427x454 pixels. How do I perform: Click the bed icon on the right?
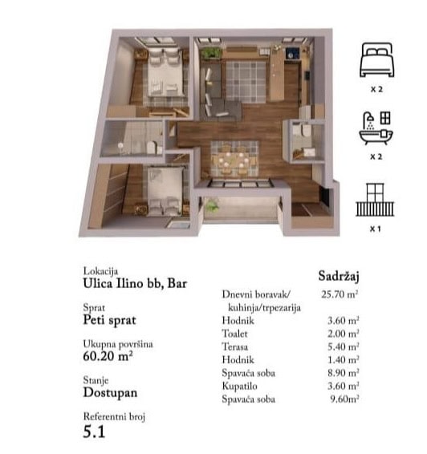click(377, 59)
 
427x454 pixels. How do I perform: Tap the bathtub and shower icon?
click(376, 128)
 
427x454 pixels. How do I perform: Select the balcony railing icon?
click(375, 200)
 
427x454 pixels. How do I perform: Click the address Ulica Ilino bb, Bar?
click(135, 283)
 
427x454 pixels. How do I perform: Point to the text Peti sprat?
click(109, 320)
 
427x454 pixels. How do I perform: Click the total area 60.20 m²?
click(108, 356)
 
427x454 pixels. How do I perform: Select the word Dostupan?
click(110, 392)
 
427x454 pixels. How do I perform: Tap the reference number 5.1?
click(94, 432)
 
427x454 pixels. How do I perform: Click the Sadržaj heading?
click(339, 276)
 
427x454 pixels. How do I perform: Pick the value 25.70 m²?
click(340, 294)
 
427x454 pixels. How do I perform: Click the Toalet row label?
click(234, 334)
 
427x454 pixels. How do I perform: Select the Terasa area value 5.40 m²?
click(344, 347)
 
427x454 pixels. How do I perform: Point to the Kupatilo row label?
click(239, 386)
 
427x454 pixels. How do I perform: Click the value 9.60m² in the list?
click(344, 399)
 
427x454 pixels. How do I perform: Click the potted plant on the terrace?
click(211, 205)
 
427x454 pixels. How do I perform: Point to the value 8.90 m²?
click(344, 373)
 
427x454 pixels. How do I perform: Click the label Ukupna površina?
click(118, 344)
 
